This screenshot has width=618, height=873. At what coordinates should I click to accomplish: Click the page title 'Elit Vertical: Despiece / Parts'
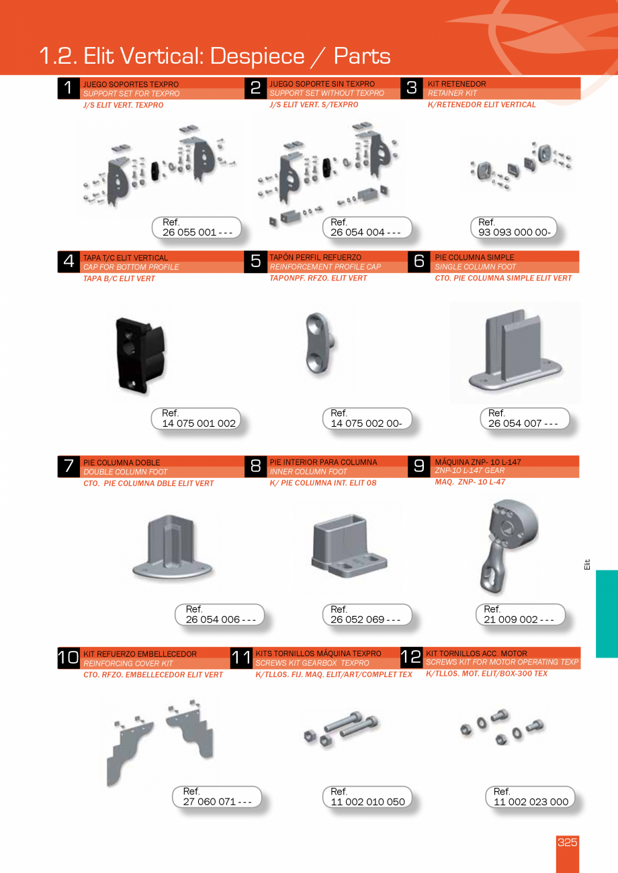click(x=215, y=56)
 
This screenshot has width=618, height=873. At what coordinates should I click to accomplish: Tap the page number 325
click(x=567, y=843)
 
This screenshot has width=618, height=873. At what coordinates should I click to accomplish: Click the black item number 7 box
click(x=69, y=466)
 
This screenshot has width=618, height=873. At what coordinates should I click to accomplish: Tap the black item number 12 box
click(x=410, y=658)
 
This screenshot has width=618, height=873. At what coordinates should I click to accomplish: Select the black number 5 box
click(x=255, y=261)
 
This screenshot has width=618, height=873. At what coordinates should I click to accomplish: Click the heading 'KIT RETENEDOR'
click(x=457, y=84)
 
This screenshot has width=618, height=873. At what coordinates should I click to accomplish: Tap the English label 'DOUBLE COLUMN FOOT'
click(x=126, y=472)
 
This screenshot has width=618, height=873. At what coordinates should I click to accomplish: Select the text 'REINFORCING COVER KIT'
click(x=128, y=664)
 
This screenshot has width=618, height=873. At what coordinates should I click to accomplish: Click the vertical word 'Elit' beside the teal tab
click(x=586, y=565)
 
